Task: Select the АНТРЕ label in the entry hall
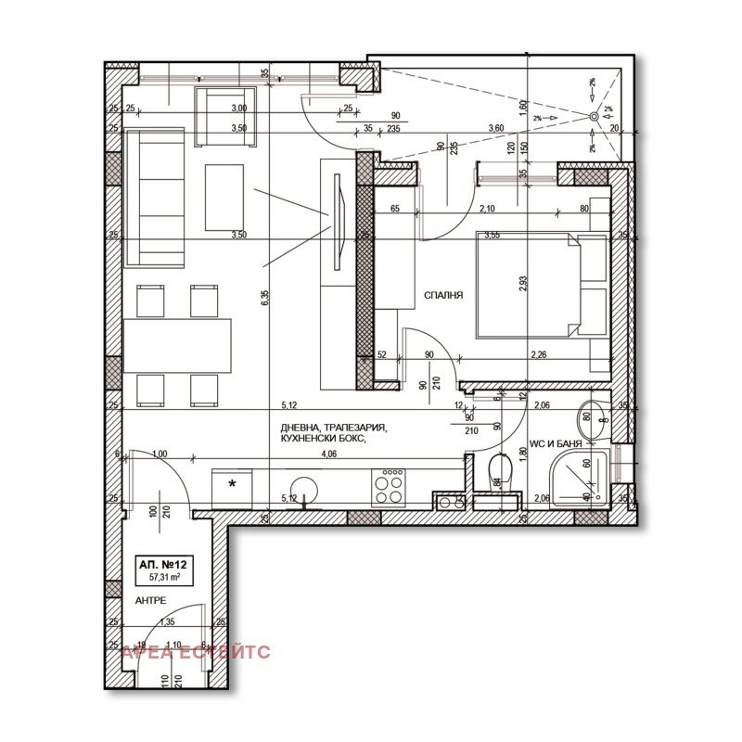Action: tap(150, 600)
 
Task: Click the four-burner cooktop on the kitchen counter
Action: tap(389, 486)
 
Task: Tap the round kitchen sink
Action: tap(302, 488)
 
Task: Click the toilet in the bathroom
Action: tap(499, 472)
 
